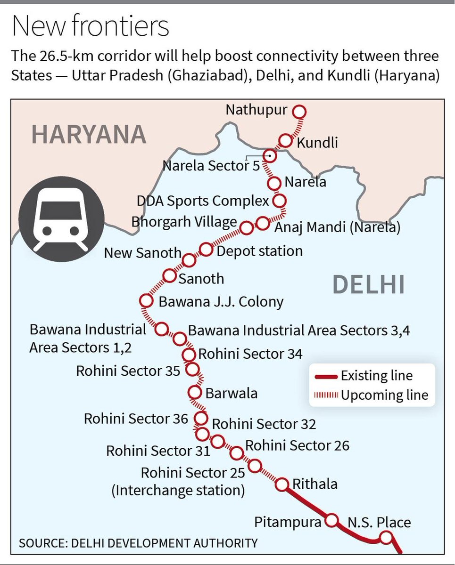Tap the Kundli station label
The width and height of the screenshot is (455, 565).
pyautogui.click(x=317, y=142)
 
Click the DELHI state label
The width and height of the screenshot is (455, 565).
pyautogui.click(x=368, y=285)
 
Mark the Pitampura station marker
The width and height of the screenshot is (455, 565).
pyautogui.click(x=332, y=520)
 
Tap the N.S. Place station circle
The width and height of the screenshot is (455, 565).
pyautogui.click(x=387, y=537)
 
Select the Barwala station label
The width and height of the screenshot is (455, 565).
pyautogui.click(x=232, y=393)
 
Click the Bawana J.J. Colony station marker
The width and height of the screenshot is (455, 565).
pyautogui.click(x=146, y=300)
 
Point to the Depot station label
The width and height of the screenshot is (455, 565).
pyautogui.click(x=259, y=250)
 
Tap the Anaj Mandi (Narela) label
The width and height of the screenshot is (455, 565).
pyautogui.click(x=337, y=227)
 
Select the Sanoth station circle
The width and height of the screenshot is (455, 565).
pyautogui.click(x=169, y=276)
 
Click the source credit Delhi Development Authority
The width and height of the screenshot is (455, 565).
pyautogui.click(x=138, y=542)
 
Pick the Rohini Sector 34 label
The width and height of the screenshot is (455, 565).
pyautogui.click(x=250, y=354)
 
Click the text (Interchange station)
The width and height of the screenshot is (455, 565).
pyautogui.click(x=178, y=490)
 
